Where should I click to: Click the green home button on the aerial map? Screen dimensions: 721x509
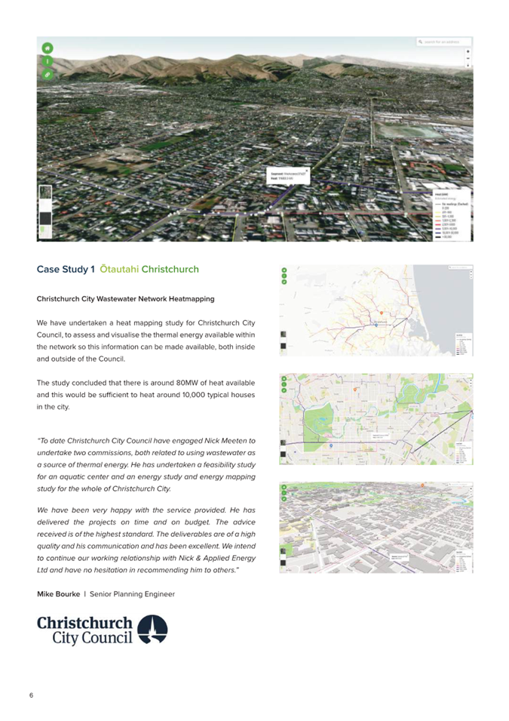47,48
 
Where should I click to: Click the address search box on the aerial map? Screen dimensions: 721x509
445,42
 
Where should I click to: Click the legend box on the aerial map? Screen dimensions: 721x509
452,216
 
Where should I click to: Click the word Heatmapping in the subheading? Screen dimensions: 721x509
190,299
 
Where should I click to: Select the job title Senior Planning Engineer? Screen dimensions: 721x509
132,594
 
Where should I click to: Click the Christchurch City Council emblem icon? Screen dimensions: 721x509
155,629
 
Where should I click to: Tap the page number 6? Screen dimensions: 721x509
31,695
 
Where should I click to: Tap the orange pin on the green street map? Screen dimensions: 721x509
354,388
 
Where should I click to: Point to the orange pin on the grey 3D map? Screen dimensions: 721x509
423,485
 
